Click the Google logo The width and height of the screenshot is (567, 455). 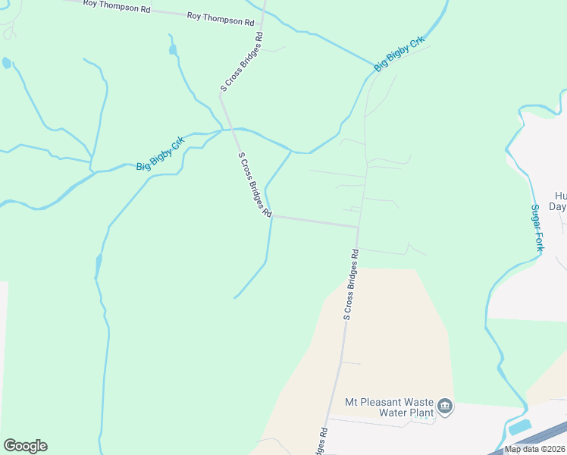(25, 446)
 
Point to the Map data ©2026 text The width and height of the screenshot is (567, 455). (534, 449)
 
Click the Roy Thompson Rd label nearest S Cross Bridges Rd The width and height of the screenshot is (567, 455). (220, 18)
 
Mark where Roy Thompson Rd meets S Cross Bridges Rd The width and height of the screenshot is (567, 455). (262, 23)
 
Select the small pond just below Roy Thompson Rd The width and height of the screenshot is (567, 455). (173, 50)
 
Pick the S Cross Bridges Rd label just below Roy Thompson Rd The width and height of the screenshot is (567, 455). (241, 62)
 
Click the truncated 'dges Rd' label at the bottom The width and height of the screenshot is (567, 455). (322, 441)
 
